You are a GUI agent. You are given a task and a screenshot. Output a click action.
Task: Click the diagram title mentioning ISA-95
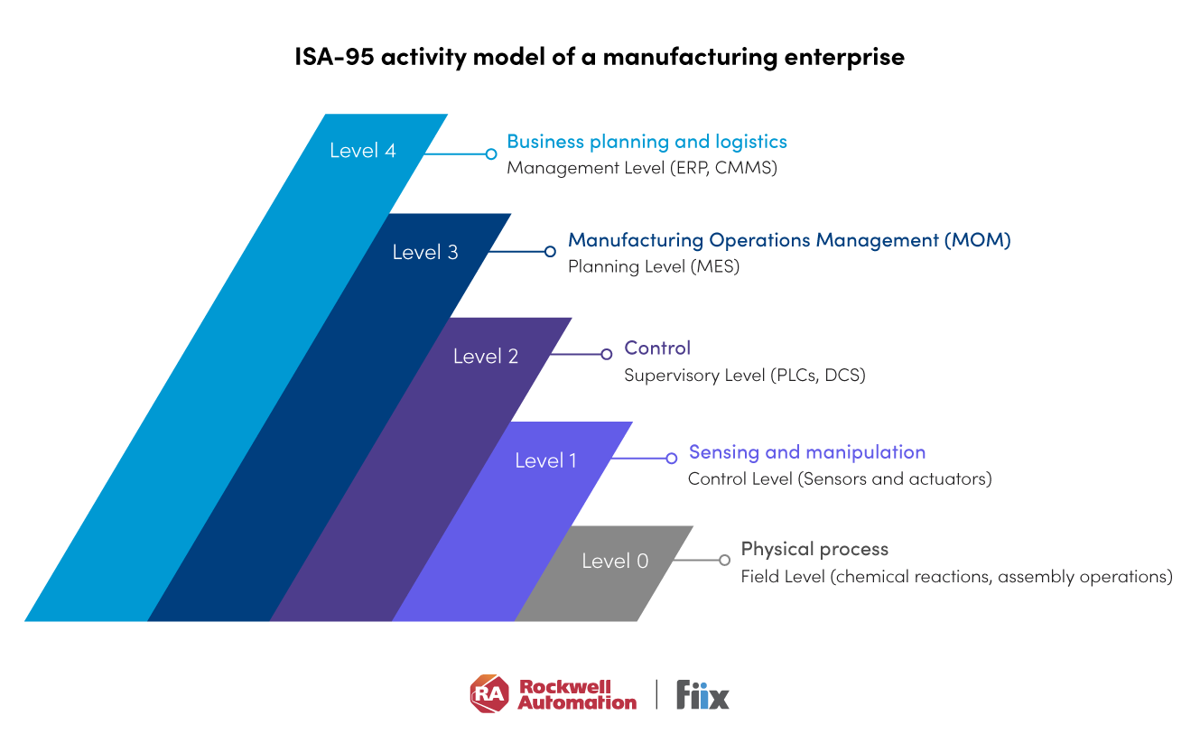(x=600, y=57)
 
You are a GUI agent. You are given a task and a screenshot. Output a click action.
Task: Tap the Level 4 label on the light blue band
(x=362, y=151)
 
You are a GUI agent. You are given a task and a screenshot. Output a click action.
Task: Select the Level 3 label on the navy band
(x=425, y=253)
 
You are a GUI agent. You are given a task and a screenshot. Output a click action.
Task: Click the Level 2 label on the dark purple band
(x=486, y=357)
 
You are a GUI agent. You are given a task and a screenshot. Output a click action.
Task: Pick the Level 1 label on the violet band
(x=545, y=460)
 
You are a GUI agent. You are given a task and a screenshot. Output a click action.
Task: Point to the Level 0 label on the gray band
(x=615, y=561)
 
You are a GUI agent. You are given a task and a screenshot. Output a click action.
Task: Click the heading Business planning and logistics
(x=647, y=142)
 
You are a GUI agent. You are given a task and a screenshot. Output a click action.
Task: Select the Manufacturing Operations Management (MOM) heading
(x=789, y=240)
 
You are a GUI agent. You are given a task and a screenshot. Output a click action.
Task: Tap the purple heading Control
(x=657, y=348)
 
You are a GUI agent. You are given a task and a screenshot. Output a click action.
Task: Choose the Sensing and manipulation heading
(x=807, y=452)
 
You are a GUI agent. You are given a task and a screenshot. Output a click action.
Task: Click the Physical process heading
(x=814, y=549)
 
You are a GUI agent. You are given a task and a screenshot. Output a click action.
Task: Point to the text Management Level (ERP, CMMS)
(x=641, y=168)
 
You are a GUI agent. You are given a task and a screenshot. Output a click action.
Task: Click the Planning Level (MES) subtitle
(x=654, y=266)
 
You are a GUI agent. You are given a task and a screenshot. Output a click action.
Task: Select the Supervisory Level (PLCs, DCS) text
(x=745, y=375)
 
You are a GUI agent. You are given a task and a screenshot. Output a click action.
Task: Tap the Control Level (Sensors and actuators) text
(x=840, y=478)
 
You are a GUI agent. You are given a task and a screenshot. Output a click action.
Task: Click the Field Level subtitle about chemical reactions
(x=956, y=576)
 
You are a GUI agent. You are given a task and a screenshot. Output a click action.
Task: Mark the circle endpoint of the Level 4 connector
(x=491, y=154)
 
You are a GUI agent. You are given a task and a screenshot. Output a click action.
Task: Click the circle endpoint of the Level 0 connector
(x=724, y=560)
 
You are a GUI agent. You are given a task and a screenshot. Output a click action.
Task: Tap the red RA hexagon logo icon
(x=489, y=694)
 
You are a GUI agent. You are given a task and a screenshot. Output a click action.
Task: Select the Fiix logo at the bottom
(x=702, y=695)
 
